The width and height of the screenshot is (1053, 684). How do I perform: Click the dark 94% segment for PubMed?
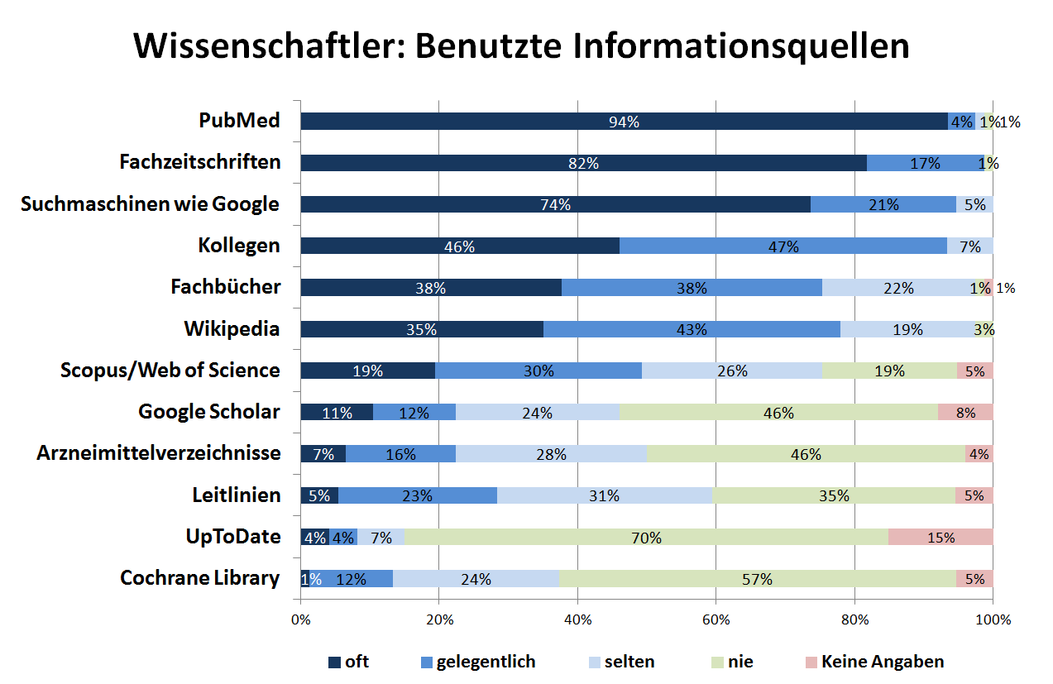(x=624, y=122)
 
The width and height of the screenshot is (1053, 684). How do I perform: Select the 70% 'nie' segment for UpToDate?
(x=646, y=537)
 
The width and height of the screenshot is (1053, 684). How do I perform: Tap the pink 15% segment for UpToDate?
(x=941, y=537)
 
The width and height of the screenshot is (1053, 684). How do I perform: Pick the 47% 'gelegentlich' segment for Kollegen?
(x=783, y=246)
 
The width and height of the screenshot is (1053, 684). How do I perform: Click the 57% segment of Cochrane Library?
(x=757, y=578)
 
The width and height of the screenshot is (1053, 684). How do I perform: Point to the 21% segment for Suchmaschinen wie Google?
(x=883, y=204)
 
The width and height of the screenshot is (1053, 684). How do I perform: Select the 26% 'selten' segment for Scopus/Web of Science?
(x=732, y=371)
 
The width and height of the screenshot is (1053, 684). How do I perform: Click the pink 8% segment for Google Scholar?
(x=964, y=412)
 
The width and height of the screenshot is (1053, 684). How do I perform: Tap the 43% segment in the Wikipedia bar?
(x=692, y=329)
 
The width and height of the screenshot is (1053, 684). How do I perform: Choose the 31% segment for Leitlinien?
(x=605, y=495)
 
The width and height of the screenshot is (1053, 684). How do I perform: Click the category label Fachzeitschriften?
(x=200, y=162)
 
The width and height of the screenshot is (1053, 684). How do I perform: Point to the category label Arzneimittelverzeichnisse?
(x=159, y=453)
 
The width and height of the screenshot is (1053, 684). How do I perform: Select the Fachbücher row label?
(x=226, y=287)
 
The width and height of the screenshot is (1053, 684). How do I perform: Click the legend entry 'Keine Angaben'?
(x=882, y=662)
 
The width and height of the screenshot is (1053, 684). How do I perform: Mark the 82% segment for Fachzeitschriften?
(x=583, y=163)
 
